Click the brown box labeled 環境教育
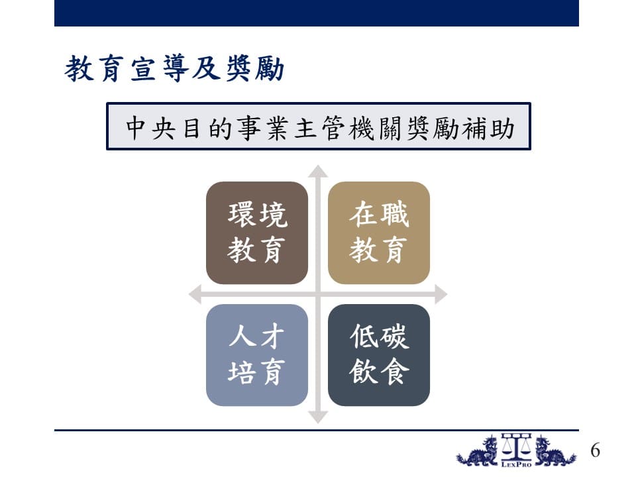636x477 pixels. (x=257, y=233)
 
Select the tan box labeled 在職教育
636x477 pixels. (x=379, y=233)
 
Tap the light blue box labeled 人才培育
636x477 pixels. (x=257, y=355)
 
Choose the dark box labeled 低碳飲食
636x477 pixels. (x=379, y=355)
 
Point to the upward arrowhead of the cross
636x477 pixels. (x=318, y=171)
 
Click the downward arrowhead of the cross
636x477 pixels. (x=318, y=417)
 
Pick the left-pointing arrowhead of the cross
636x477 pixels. (x=195, y=294)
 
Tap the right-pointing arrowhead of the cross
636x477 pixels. (x=441, y=294)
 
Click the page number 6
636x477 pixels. (x=595, y=450)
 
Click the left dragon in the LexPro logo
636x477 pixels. (x=478, y=451)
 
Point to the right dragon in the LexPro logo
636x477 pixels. (x=555, y=451)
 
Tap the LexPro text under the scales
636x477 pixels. (x=516, y=464)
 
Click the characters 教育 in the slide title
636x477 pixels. (x=94, y=68)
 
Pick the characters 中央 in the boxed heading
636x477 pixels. (x=150, y=128)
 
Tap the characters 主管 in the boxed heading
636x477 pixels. (x=319, y=128)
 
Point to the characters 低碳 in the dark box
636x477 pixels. (x=379, y=337)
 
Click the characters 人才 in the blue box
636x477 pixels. (x=257, y=337)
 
